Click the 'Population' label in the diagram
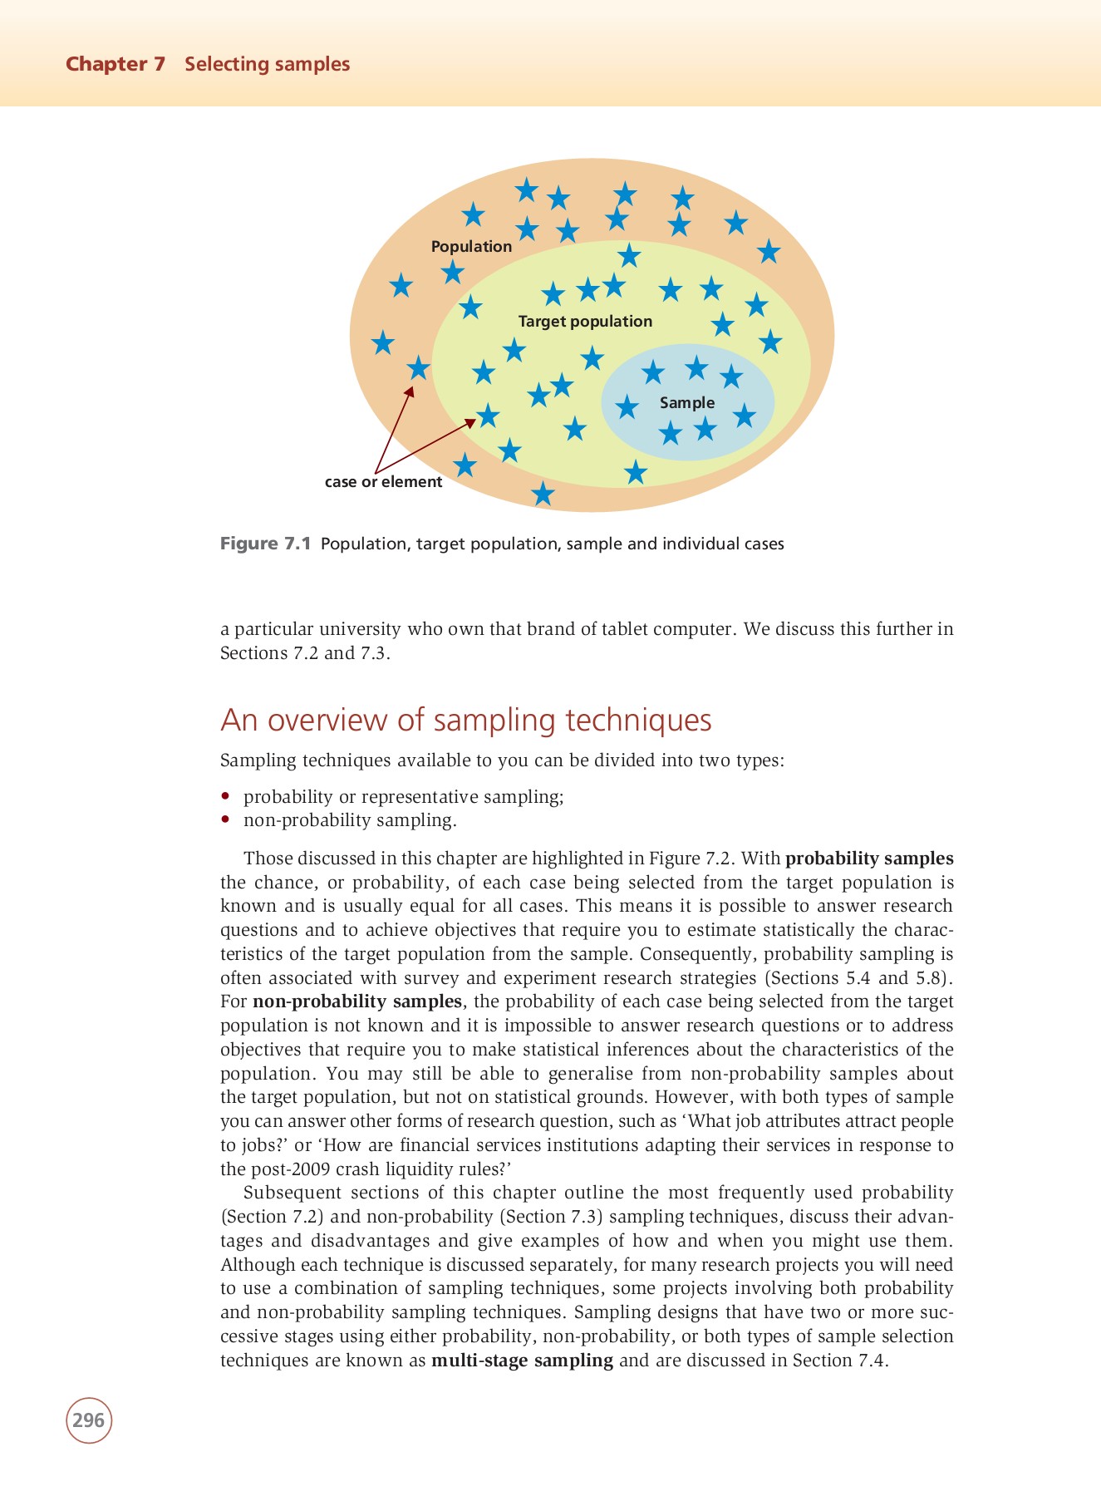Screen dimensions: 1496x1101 click(x=471, y=246)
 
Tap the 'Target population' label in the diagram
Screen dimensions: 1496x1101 click(x=585, y=321)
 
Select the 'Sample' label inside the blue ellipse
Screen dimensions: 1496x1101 click(x=686, y=402)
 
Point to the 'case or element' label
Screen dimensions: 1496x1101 click(x=383, y=482)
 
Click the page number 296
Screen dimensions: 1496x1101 click(x=89, y=1420)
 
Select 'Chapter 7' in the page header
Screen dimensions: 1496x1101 click(x=116, y=64)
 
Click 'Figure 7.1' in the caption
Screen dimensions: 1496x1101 click(x=265, y=544)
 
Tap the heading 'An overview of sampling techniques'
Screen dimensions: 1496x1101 click(x=465, y=720)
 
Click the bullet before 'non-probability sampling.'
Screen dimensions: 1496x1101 click(x=224, y=820)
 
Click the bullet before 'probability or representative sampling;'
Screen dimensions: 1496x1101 click(x=224, y=796)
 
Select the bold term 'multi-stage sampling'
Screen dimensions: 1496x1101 click(x=522, y=1361)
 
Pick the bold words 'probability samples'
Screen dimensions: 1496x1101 click(x=869, y=858)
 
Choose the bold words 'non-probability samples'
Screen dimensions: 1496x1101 click(x=356, y=1001)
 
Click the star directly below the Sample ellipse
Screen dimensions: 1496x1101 click(x=636, y=472)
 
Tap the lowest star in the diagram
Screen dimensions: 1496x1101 click(x=543, y=494)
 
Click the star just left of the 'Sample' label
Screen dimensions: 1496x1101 click(x=627, y=407)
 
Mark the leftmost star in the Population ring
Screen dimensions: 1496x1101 click(x=382, y=342)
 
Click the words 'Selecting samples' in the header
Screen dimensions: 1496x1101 click(x=267, y=64)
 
